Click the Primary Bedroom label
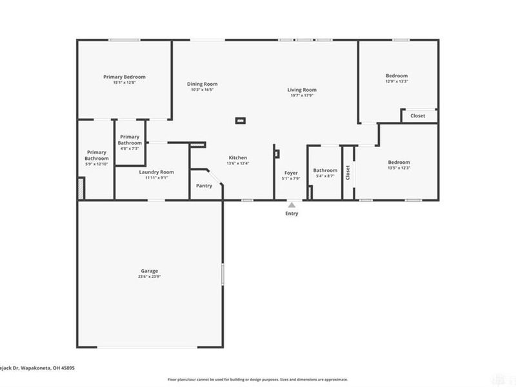[124, 77]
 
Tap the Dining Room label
[202, 84]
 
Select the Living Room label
[302, 90]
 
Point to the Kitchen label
[237, 157]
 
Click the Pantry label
[204, 186]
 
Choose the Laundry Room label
[157, 172]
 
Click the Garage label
[150, 271]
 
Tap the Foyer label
[292, 173]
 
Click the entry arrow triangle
[292, 204]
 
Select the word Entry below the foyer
[292, 213]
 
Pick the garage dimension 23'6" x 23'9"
[150, 277]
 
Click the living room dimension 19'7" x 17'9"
[302, 96]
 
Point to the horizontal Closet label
[418, 116]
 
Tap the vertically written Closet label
[348, 173]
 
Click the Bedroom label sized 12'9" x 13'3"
[397, 75]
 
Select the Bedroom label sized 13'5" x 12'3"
[399, 162]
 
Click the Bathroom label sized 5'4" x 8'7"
[325, 170]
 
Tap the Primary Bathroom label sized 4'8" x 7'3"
[129, 139]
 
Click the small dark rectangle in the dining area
[241, 119]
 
